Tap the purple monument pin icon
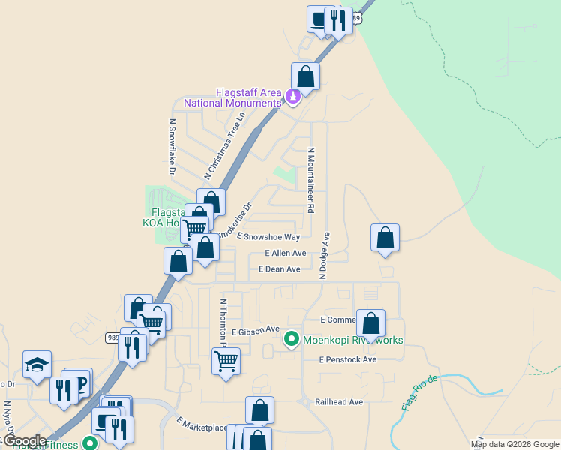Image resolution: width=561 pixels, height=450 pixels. click(x=293, y=97)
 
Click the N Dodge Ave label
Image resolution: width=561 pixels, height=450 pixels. click(x=325, y=256)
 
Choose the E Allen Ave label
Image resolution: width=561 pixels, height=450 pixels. click(x=285, y=253)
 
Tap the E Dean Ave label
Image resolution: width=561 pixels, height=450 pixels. click(x=279, y=268)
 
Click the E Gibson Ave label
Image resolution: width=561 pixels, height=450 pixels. click(x=255, y=330)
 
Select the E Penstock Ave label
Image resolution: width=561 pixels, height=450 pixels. click(x=347, y=359)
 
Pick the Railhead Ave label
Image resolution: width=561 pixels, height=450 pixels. click(x=338, y=402)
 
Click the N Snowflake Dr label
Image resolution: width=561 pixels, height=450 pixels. click(x=172, y=146)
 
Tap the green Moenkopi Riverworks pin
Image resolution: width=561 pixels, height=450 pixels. click(x=292, y=340)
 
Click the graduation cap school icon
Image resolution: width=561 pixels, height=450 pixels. click(x=37, y=364)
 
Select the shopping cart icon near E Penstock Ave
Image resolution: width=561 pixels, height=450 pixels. click(x=226, y=361)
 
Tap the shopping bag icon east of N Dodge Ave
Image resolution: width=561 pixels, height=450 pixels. click(x=385, y=238)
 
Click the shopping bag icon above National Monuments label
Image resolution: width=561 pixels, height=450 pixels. click(x=305, y=76)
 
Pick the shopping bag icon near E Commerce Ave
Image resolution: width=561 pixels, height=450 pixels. click(x=370, y=323)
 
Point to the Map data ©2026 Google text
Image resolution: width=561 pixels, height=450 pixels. click(x=515, y=444)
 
